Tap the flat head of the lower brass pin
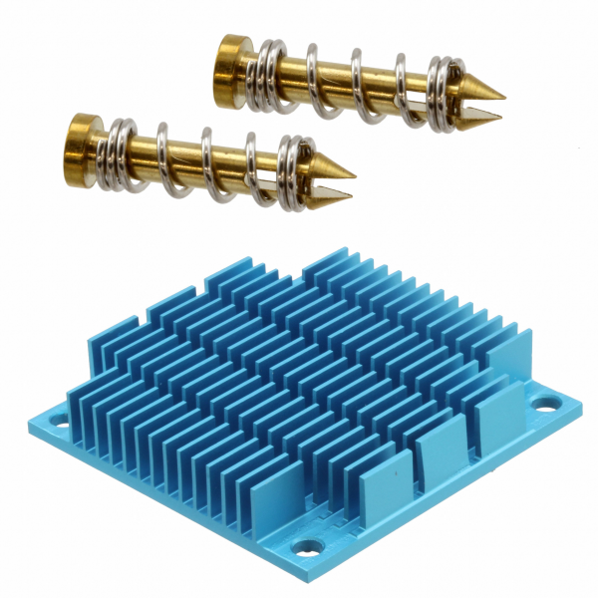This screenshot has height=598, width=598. pyautogui.click(x=82, y=141)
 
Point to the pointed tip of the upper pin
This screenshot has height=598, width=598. pyautogui.click(x=501, y=97)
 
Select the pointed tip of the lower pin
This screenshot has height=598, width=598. pyautogui.click(x=351, y=169)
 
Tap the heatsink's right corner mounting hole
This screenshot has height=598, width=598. pyautogui.click(x=544, y=403)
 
